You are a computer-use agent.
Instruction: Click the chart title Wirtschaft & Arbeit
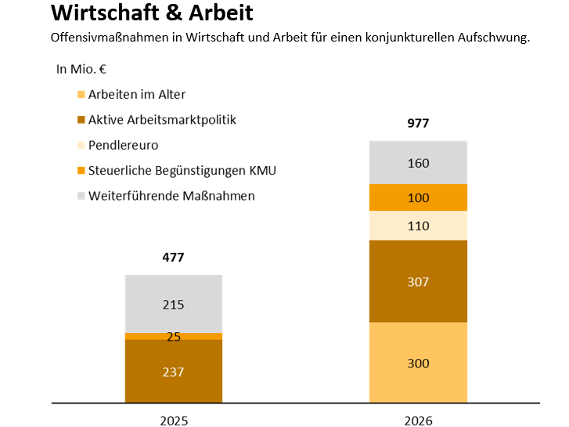pyautogui.click(x=152, y=13)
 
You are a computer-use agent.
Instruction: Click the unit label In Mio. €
pyautogui.click(x=81, y=69)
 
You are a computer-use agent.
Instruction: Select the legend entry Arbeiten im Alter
pyautogui.click(x=136, y=95)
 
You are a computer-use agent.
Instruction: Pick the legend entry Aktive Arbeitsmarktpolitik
pyautogui.click(x=161, y=120)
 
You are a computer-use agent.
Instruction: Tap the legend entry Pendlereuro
pyautogui.click(x=123, y=145)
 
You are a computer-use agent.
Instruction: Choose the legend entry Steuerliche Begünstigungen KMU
pyautogui.click(x=182, y=170)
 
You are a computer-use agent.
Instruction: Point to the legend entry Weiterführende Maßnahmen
pyautogui.click(x=171, y=196)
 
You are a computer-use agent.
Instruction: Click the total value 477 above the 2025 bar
pyautogui.click(x=174, y=257)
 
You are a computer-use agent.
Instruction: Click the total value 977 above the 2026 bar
pyautogui.click(x=418, y=123)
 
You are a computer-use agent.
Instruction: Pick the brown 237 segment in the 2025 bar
pyautogui.click(x=174, y=371)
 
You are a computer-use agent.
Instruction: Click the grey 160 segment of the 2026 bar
pyautogui.click(x=418, y=163)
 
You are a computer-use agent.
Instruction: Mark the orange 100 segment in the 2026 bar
pyautogui.click(x=418, y=198)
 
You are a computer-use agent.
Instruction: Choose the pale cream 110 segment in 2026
pyautogui.click(x=418, y=226)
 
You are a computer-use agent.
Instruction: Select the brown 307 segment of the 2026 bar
pyautogui.click(x=418, y=281)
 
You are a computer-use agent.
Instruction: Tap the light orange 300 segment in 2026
pyautogui.click(x=418, y=363)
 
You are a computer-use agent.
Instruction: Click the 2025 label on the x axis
pyautogui.click(x=174, y=420)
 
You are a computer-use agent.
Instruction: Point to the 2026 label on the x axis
pyautogui.click(x=418, y=420)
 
